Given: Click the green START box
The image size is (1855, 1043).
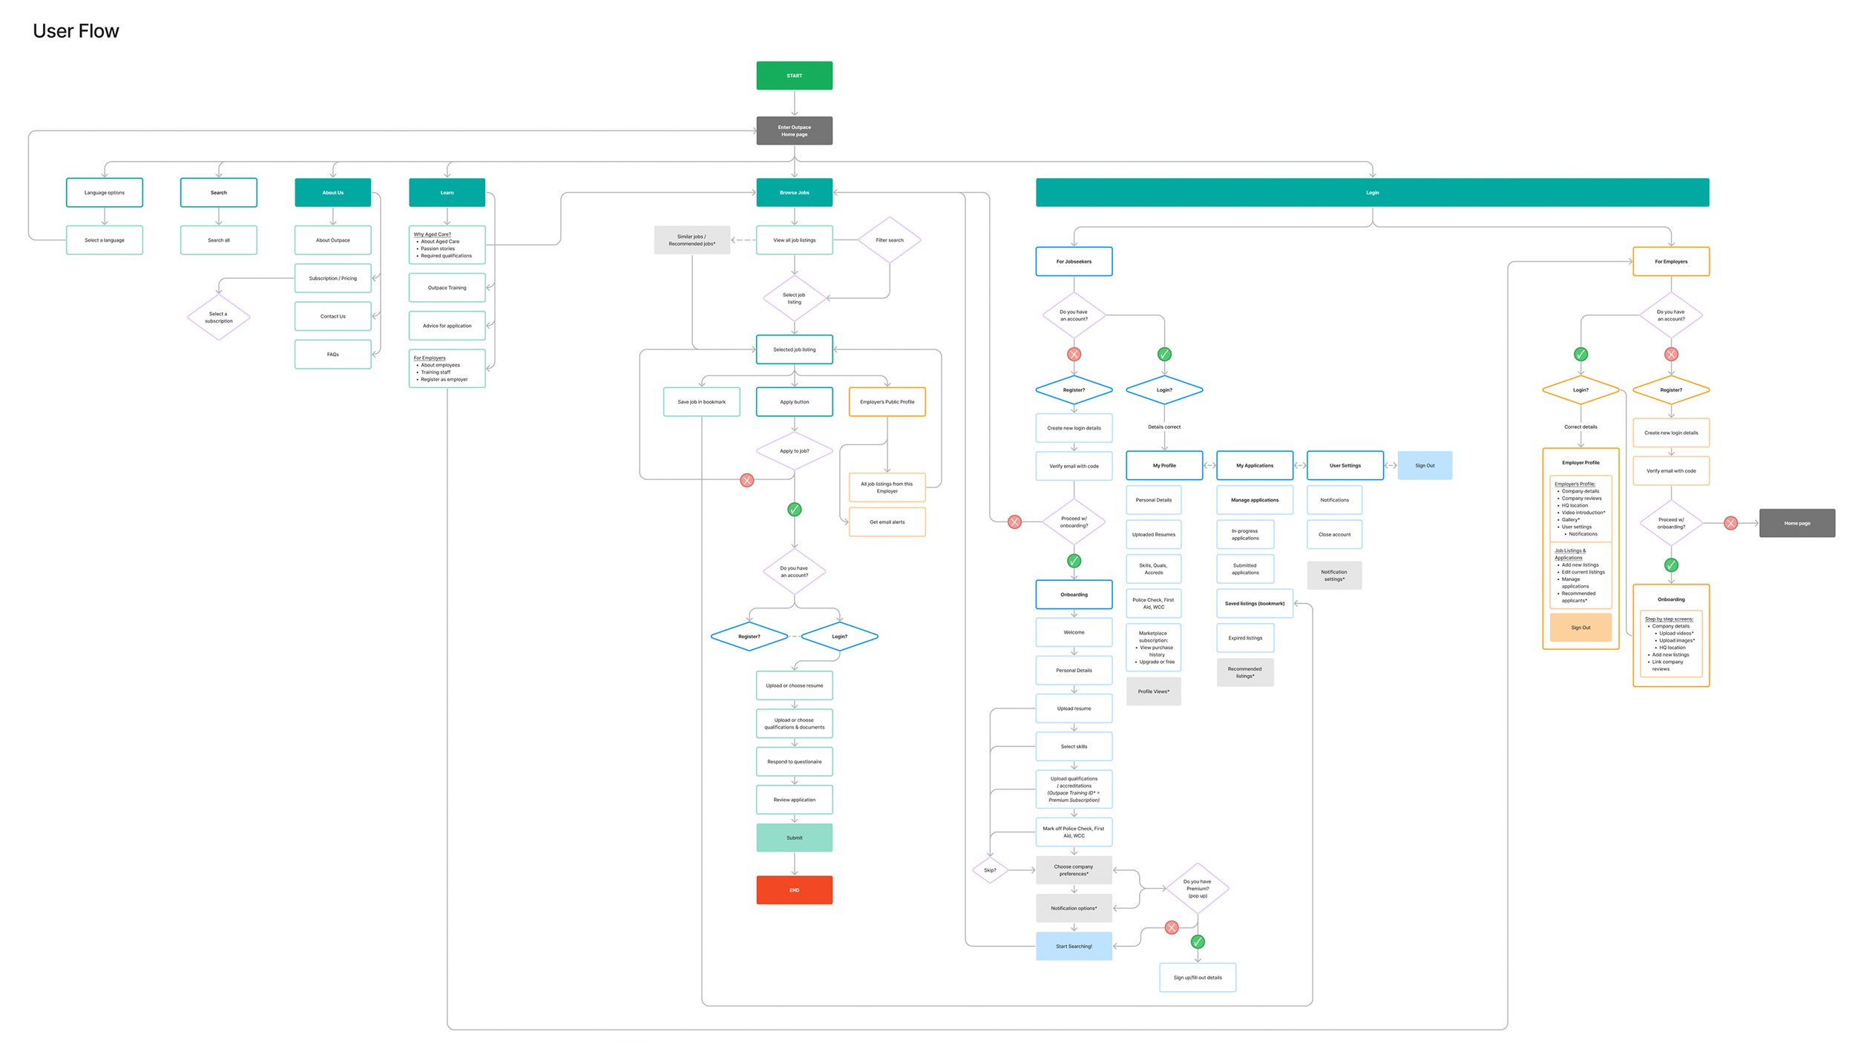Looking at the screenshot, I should click(794, 76).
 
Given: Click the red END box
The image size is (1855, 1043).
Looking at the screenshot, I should click(794, 889).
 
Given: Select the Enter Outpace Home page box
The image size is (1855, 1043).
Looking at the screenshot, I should click(794, 131).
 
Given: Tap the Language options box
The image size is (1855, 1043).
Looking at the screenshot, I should click(105, 192).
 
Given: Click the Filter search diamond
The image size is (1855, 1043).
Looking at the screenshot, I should click(889, 240).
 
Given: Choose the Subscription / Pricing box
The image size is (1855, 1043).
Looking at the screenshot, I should click(332, 278).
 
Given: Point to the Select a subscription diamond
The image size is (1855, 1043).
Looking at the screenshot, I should click(218, 317).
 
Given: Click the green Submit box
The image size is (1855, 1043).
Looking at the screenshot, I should click(794, 838).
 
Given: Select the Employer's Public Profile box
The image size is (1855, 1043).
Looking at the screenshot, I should click(887, 401).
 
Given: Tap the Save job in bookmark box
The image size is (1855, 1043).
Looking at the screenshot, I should click(701, 401).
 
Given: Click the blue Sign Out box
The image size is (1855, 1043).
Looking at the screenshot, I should click(1424, 465).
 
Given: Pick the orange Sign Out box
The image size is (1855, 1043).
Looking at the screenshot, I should click(1580, 628).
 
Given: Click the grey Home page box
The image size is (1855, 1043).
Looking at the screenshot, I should click(1796, 523).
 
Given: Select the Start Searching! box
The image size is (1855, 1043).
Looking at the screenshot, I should click(1073, 946).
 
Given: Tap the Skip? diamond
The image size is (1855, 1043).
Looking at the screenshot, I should click(990, 870).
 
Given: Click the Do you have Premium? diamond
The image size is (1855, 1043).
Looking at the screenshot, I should click(1197, 889).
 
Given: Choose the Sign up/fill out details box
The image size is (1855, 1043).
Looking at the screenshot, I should click(1197, 977).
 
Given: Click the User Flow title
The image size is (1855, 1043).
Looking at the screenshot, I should click(76, 31).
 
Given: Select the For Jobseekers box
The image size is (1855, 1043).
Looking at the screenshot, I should click(1073, 261).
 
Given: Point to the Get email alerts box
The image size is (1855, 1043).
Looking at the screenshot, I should click(887, 521).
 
